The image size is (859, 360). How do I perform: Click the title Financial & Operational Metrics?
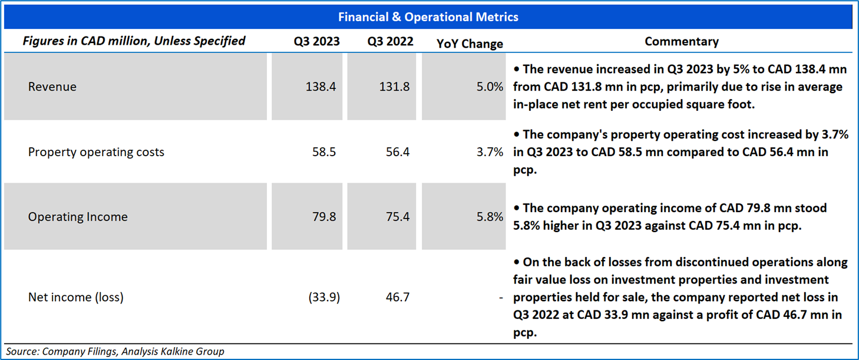[428, 17]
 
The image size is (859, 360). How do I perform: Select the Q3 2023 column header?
[317, 42]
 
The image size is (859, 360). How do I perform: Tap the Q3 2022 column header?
[390, 42]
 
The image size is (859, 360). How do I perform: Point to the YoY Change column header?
[470, 44]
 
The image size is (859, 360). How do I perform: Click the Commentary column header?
[682, 42]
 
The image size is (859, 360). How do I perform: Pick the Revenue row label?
[52, 87]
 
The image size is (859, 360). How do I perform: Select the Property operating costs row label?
[96, 152]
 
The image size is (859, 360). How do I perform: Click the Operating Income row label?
[78, 217]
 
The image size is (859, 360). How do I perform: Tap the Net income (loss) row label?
[76, 298]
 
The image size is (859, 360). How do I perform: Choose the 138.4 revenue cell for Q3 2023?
[321, 87]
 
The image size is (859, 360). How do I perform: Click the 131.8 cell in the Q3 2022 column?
[394, 87]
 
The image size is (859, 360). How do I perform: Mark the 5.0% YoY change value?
[490, 87]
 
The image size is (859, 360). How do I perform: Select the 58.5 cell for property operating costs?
[324, 152]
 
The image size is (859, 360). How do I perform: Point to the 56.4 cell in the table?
[398, 152]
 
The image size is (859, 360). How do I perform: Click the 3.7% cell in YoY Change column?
[490, 152]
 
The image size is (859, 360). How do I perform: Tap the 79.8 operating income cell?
[324, 217]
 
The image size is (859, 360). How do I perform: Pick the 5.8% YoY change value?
[490, 217]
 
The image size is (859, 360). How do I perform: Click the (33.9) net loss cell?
[324, 298]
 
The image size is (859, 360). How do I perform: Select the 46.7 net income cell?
[398, 298]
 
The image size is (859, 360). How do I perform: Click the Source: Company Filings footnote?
[115, 352]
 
